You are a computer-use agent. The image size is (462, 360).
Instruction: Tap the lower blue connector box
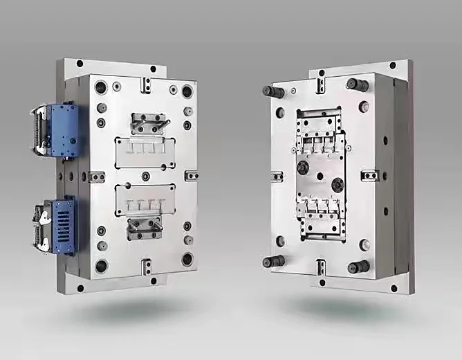pos(63,226)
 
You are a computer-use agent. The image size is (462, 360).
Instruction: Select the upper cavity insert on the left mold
pos(145,151)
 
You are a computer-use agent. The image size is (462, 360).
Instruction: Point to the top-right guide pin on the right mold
pos(358,85)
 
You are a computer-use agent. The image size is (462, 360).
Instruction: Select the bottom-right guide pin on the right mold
pos(358,267)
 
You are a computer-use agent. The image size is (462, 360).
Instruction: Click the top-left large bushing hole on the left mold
pos(101,87)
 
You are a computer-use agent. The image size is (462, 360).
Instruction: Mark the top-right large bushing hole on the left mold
pos(187,91)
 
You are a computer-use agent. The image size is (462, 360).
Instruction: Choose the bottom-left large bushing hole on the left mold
pos(101,266)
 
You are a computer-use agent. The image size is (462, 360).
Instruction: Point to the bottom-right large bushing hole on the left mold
pos(187,260)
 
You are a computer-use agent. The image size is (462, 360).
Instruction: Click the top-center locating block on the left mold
pos(145,84)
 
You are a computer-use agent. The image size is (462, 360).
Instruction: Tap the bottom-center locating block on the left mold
pos(145,266)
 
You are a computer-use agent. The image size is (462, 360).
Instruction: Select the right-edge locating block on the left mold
pos(192,176)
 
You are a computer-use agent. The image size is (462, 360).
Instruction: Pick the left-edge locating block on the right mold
pos(277,176)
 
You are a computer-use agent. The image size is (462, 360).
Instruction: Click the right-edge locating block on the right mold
pos(369,176)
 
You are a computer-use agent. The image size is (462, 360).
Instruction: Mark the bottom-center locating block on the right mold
pos(320,267)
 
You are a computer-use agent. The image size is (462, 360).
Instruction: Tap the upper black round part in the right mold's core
pos(303,167)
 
